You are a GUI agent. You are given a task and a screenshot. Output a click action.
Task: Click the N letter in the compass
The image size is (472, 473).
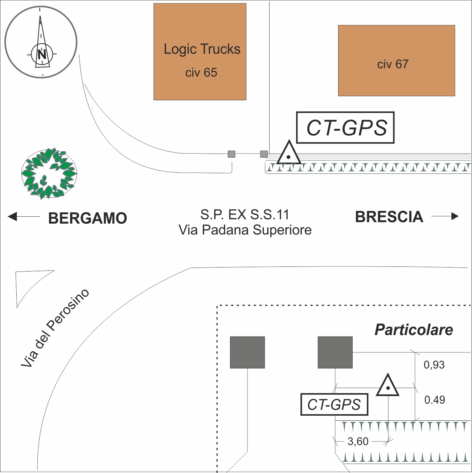click(x=42, y=54)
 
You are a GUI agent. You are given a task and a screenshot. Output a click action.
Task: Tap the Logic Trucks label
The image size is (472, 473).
click(x=202, y=49)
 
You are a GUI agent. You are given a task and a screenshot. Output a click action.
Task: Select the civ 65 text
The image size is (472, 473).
click(x=201, y=73)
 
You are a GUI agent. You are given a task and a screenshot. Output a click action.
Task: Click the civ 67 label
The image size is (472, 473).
click(x=393, y=64)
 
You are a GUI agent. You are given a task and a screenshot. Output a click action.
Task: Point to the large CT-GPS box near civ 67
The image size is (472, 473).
click(x=345, y=127)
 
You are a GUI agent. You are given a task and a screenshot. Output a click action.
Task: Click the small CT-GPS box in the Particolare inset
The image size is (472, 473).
click(x=334, y=404)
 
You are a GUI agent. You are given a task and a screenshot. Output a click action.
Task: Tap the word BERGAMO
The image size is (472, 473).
click(x=87, y=218)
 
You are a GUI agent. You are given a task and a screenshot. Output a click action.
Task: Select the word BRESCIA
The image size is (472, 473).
click(x=389, y=217)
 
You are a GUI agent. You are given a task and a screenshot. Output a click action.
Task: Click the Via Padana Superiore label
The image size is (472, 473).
click(x=245, y=230)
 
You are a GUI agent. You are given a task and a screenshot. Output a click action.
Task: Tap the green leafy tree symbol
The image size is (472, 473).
click(x=49, y=174)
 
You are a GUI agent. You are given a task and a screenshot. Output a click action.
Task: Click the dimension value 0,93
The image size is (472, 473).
click(x=434, y=364)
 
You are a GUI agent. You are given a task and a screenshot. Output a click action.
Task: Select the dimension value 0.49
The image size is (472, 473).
click(x=435, y=400)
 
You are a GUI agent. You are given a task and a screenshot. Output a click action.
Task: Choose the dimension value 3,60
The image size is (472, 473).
click(x=358, y=441)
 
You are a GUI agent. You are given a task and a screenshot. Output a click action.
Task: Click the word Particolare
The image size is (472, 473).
click(x=414, y=330)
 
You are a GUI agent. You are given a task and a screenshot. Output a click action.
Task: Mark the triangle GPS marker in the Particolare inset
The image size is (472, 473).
click(x=388, y=386)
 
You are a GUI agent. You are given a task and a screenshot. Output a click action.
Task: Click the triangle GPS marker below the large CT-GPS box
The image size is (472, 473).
click(x=288, y=154)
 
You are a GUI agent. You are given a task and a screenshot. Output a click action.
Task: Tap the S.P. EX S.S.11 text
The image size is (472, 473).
click(x=245, y=215)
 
